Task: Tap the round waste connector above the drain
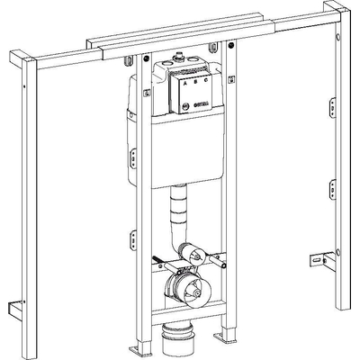pyautogui.click(x=186, y=290)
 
